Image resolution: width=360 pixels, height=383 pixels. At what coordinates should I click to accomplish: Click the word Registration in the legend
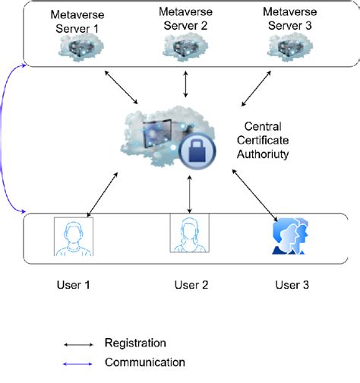pos(136,343)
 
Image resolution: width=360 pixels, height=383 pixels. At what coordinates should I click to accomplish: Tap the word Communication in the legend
pos(144,362)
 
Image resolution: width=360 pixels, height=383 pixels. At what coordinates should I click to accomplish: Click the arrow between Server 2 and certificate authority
pos(185,84)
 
